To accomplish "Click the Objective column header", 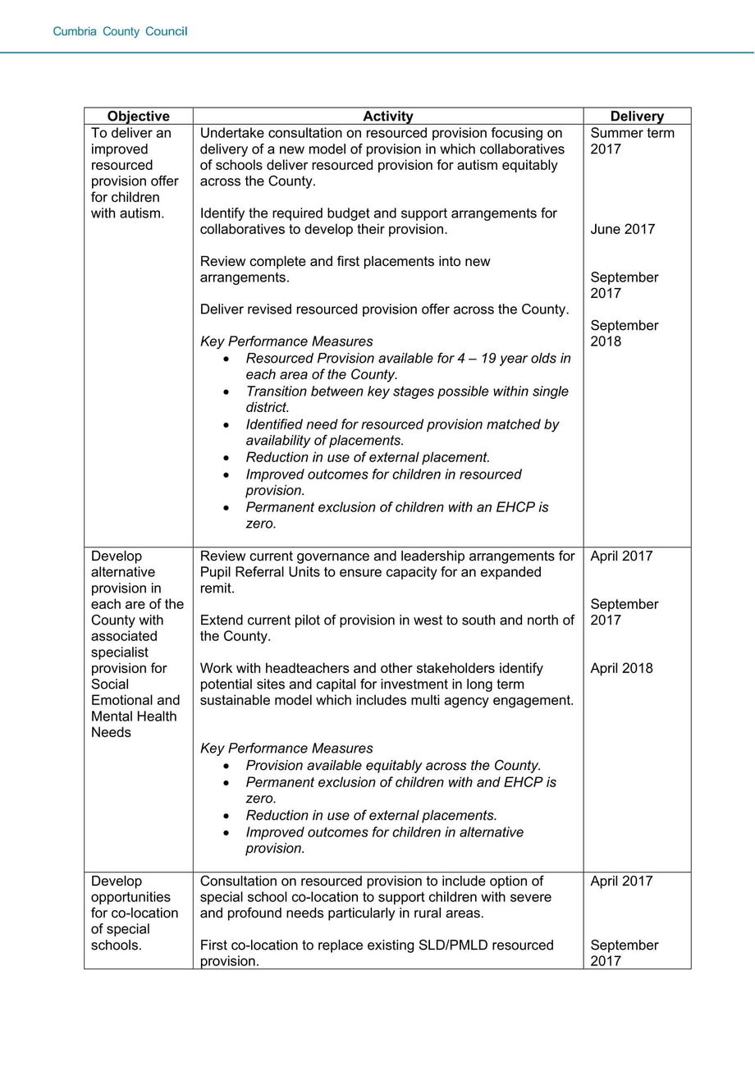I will tap(138, 117).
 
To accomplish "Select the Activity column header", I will tap(388, 117).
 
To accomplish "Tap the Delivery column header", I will tap(637, 117).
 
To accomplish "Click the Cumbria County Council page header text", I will tap(120, 32).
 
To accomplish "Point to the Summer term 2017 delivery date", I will tap(632, 141).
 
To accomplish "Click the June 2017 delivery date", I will tap(623, 229).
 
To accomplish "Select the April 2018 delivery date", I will tap(622, 668).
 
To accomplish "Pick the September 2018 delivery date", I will tap(625, 333).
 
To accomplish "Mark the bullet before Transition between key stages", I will tap(226, 392).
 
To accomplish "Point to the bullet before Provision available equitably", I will tap(226, 766).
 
